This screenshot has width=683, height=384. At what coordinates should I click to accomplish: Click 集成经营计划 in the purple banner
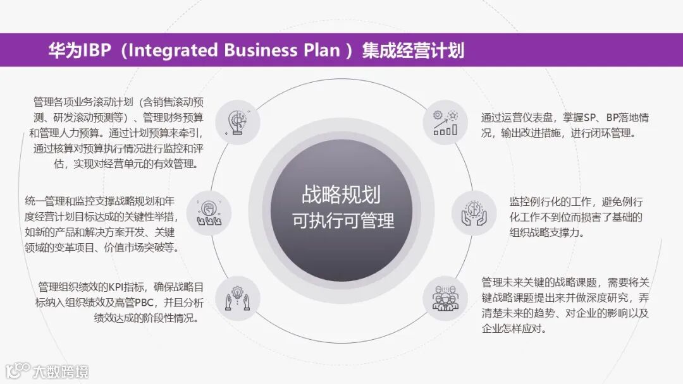(x=413, y=51)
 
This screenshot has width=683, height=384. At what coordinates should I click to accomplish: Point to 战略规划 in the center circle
(x=341, y=195)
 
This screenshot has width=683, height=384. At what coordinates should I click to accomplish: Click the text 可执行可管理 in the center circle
(x=343, y=220)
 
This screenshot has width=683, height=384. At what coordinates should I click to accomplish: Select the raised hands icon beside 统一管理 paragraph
(x=209, y=213)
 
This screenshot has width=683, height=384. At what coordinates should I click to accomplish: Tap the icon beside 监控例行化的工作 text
(x=474, y=213)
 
